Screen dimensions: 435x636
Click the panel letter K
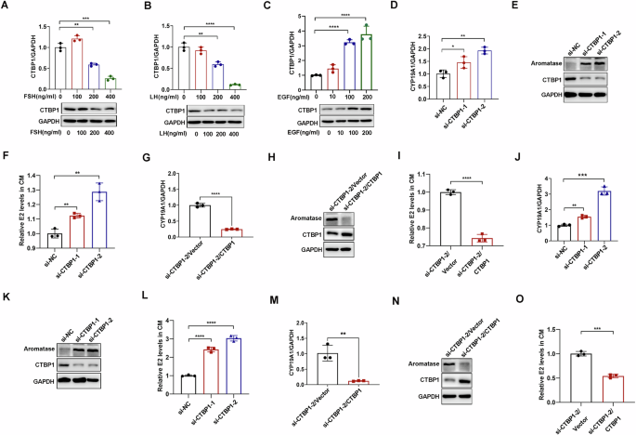click(8, 306)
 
